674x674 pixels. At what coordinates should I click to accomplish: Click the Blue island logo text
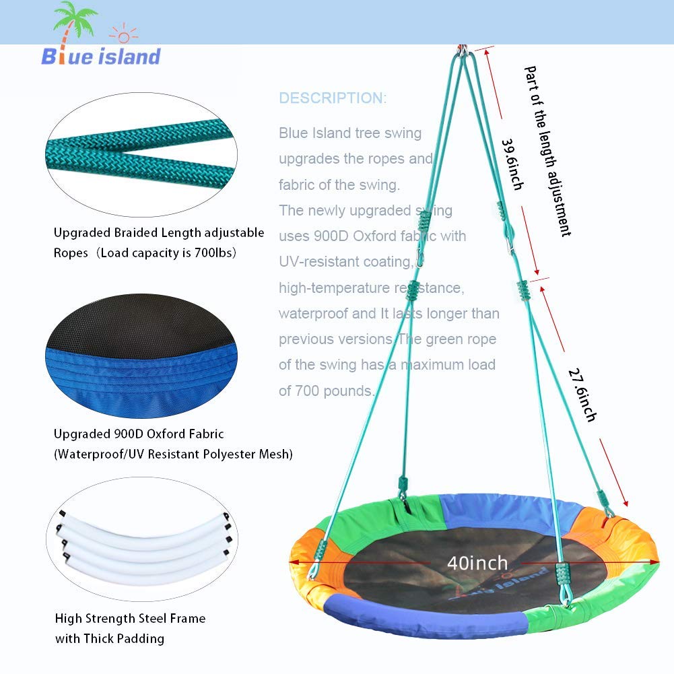pyautogui.click(x=101, y=57)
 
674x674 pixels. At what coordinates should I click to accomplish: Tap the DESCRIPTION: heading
pyautogui.click(x=333, y=98)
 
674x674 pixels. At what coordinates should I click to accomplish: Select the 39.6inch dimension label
pyautogui.click(x=511, y=164)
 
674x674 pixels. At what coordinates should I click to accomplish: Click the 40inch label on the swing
pyautogui.click(x=477, y=562)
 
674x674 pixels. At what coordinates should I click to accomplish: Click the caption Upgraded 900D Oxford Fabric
pyautogui.click(x=139, y=434)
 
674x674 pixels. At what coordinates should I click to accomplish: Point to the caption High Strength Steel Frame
pyautogui.click(x=131, y=618)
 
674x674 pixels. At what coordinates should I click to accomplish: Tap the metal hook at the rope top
pyautogui.click(x=463, y=50)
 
